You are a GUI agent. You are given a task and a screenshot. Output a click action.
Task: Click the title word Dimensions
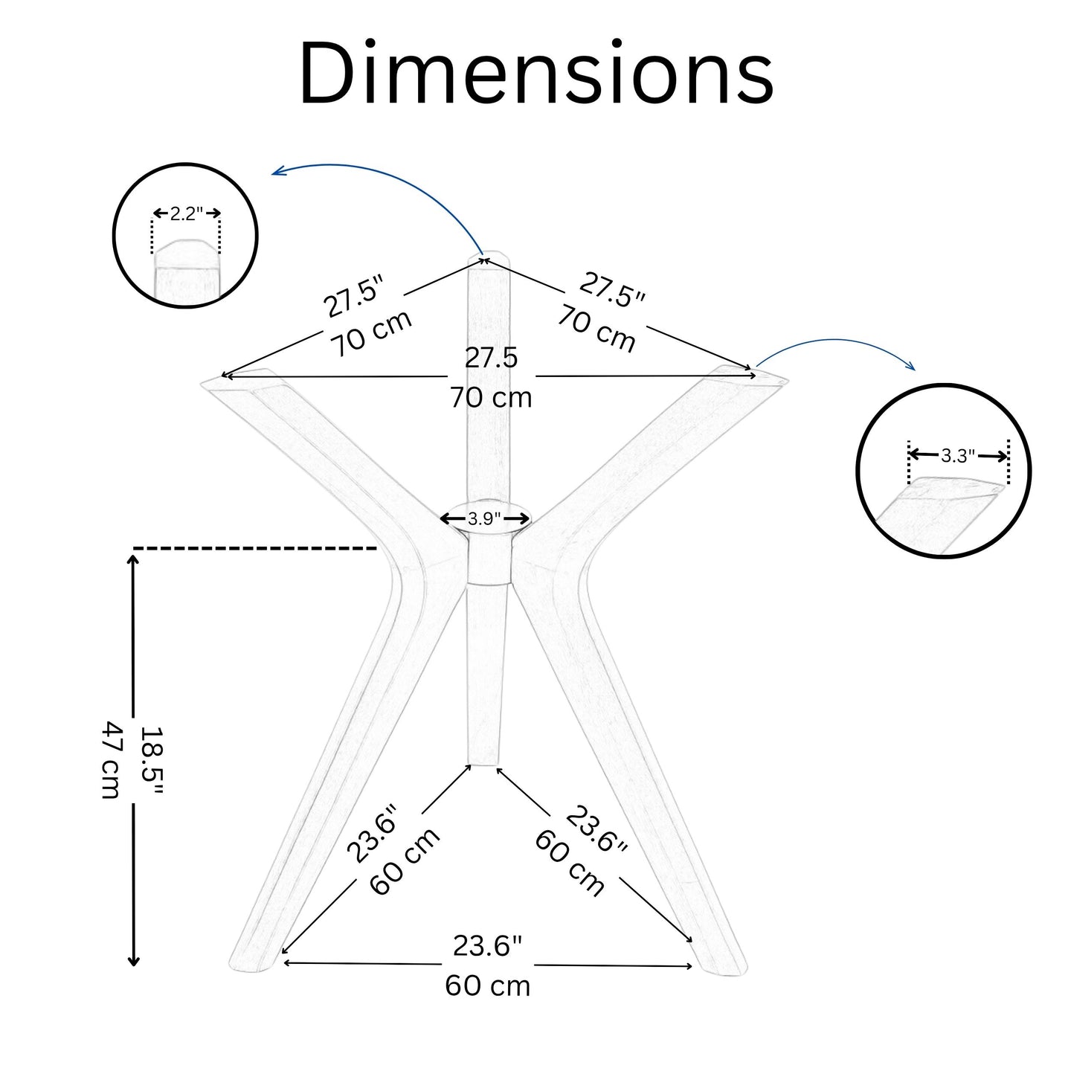coord(536,72)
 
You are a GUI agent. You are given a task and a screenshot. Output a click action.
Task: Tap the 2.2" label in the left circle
coord(187,213)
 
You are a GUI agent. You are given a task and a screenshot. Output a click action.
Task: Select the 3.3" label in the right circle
coord(958,456)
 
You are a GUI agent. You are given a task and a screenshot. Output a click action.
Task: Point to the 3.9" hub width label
coord(485,518)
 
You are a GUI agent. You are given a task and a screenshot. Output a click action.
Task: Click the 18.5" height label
coord(150,762)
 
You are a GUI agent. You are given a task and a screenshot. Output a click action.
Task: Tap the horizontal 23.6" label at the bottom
coord(487,946)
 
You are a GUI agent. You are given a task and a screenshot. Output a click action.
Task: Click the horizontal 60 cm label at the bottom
coord(487,986)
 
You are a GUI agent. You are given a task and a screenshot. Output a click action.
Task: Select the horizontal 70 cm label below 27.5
coord(491,397)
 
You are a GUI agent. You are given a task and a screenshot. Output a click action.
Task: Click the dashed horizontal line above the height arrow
coord(255,549)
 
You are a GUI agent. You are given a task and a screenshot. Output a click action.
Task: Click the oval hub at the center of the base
coord(485,518)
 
